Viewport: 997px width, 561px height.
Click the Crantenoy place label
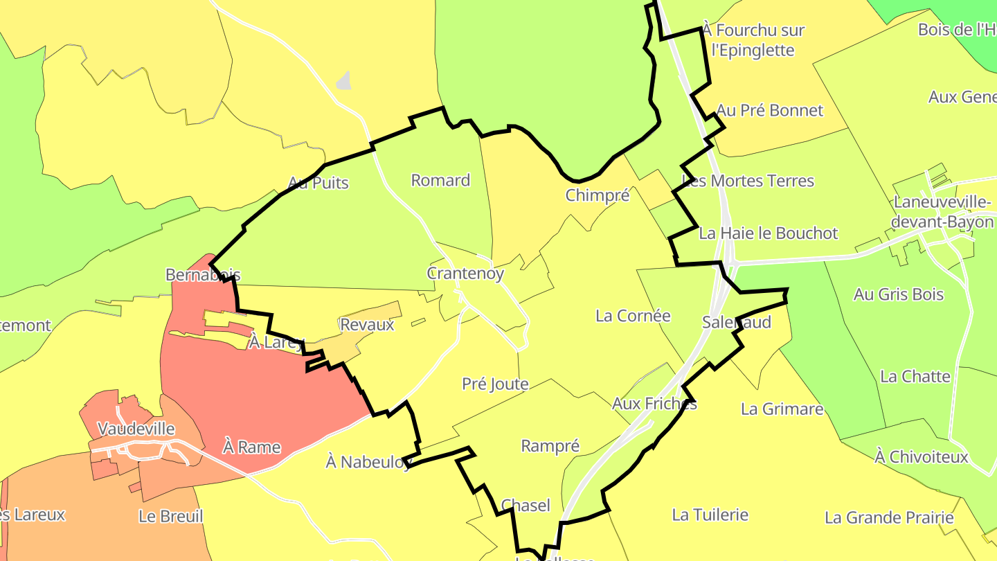465,273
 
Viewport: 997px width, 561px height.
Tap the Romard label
440,181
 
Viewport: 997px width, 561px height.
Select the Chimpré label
598,195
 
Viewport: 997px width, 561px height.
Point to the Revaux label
367,325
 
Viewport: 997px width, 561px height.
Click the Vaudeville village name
136,429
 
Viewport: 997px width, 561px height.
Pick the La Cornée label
633,316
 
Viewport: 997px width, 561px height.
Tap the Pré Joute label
495,384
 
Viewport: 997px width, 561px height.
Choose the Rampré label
550,446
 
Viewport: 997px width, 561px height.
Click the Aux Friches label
654,404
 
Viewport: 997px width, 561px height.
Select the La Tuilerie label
710,515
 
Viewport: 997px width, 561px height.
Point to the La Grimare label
782,409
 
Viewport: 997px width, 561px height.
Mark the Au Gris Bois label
899,294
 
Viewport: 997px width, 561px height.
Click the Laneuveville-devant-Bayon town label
943,212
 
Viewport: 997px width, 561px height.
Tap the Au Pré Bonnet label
770,111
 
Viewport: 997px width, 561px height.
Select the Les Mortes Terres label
748,181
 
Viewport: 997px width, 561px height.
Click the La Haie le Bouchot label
769,233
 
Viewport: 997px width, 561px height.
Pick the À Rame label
251,447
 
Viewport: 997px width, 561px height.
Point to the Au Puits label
318,184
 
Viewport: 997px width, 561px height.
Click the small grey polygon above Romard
344,81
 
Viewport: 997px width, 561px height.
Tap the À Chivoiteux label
922,457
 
